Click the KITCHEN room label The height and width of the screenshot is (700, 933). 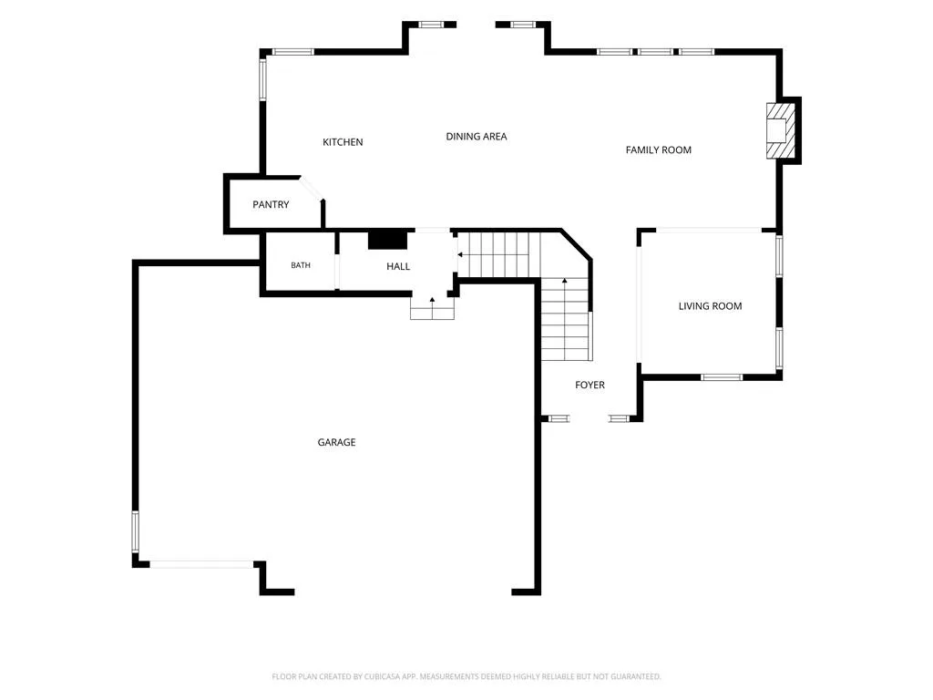343,142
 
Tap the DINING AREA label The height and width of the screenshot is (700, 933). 476,137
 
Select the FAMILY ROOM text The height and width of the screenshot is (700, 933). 658,150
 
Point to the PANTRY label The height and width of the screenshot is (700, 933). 271,204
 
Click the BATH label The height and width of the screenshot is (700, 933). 301,265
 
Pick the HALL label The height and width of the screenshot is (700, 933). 398,267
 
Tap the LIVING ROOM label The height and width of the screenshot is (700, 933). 710,306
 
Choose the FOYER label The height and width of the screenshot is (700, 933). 590,386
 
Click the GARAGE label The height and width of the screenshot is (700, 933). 336,442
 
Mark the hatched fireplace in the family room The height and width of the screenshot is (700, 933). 780,131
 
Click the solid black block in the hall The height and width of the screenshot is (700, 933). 387,240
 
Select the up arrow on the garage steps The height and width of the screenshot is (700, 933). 432,303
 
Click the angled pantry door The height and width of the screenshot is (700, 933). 312,188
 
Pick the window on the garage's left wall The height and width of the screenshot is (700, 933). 135,531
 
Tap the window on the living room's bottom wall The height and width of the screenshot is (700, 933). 722,376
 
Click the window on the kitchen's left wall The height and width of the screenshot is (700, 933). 262,79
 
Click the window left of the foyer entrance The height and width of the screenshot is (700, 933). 559,418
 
